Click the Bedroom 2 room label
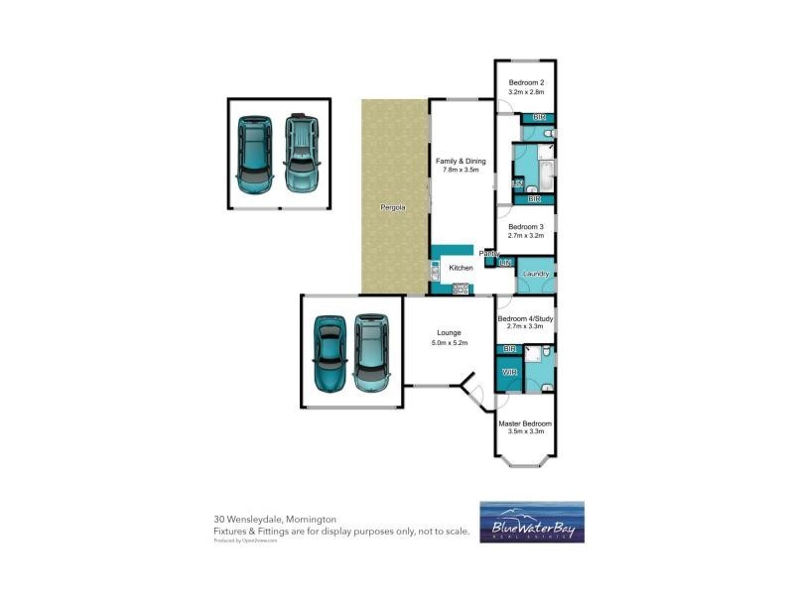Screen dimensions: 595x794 [x=526, y=82]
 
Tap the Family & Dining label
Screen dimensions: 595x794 [x=461, y=160]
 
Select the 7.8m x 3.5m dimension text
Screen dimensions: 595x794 [x=461, y=170]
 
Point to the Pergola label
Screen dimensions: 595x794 [x=394, y=208]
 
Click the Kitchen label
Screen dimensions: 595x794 [x=461, y=269]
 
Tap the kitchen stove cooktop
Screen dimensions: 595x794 [x=461, y=289]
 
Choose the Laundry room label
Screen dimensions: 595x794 [x=536, y=273]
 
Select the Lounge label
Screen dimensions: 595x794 [x=449, y=332]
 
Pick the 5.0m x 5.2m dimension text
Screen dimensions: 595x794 [x=449, y=342]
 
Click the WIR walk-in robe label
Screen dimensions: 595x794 [x=509, y=372]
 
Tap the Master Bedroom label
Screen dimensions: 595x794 [x=526, y=423]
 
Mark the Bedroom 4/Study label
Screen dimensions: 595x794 [x=526, y=318]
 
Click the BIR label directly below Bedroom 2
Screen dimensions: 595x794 [x=539, y=118]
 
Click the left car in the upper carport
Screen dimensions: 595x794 [x=255, y=155]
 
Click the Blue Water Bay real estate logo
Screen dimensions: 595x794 [x=532, y=523]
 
